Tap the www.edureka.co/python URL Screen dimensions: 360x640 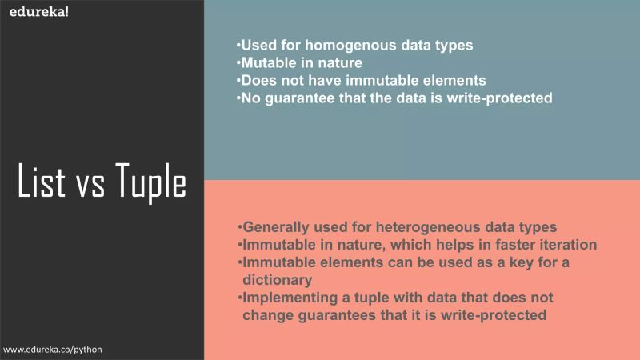pyautogui.click(x=53, y=350)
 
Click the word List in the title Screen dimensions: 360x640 pyautogui.click(x=43, y=182)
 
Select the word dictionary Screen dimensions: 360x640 pyautogui.click(x=278, y=280)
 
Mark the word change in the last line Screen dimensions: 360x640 pyautogui.click(x=266, y=315)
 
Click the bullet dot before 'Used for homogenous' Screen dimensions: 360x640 pyautogui.click(x=238, y=46)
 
